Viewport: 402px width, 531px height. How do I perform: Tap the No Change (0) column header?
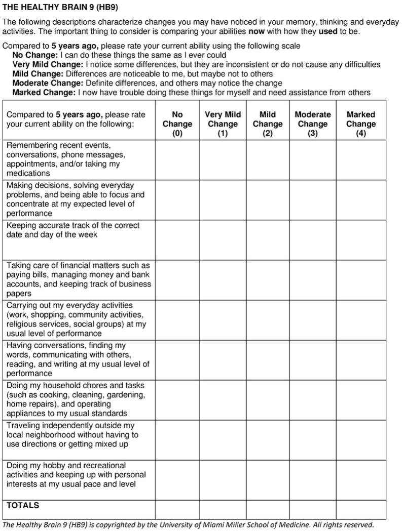click(x=177, y=124)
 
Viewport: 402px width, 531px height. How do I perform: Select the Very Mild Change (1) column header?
click(x=223, y=124)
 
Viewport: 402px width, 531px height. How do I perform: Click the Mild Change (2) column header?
click(x=267, y=124)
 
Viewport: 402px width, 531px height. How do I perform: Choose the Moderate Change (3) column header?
click(x=312, y=124)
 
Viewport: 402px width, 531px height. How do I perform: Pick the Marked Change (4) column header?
click(x=361, y=124)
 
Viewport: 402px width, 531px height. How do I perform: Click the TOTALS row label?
click(x=23, y=505)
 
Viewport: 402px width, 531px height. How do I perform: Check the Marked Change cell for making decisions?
click(x=361, y=199)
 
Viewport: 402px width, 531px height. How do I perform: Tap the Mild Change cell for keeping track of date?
click(x=267, y=239)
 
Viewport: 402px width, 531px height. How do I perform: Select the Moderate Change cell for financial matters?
click(x=312, y=279)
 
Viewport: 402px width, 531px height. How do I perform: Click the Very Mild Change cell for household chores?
click(x=223, y=400)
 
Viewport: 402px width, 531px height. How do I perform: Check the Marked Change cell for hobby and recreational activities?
click(x=361, y=479)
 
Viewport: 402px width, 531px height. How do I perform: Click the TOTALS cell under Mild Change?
click(x=267, y=509)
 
